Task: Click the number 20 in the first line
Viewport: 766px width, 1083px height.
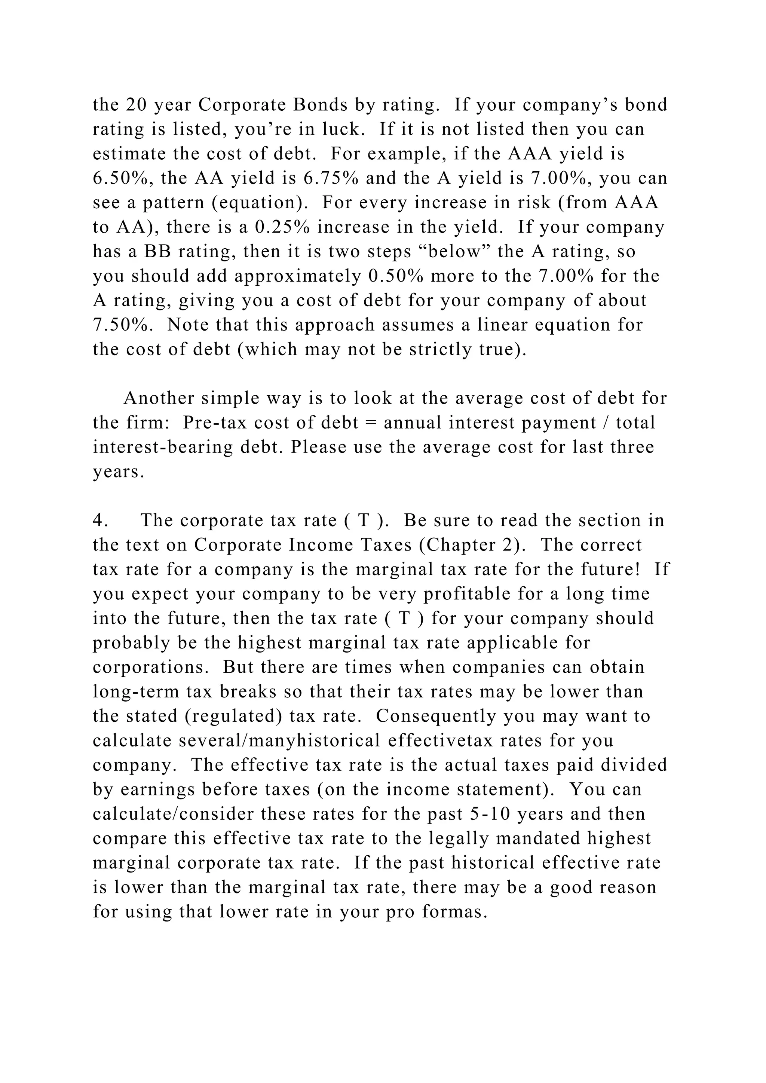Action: (x=136, y=105)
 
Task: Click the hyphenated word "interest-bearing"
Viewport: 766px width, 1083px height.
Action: (x=163, y=447)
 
